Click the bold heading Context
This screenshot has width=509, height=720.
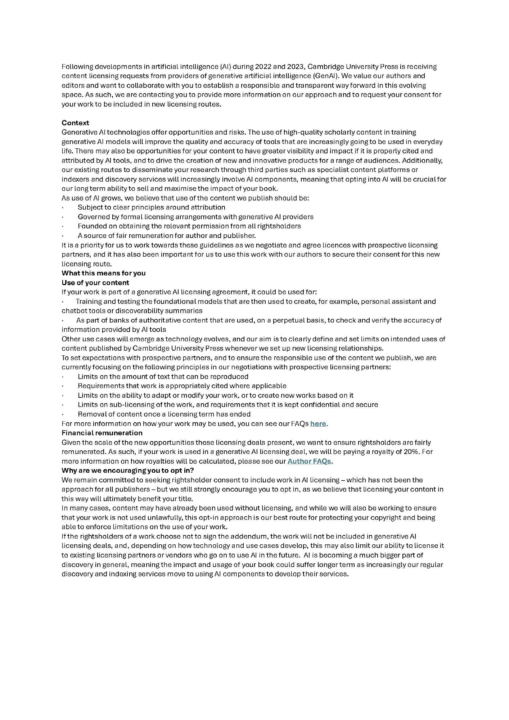tap(75, 123)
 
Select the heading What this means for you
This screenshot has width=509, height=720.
tap(104, 273)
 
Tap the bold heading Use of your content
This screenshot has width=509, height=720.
tap(95, 282)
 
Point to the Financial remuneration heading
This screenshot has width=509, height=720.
tap(102, 433)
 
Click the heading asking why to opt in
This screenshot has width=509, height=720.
tap(128, 471)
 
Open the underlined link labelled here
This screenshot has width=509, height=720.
tap(318, 424)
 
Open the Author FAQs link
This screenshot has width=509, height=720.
tap(309, 461)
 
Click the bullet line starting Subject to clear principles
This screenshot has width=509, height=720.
tap(151, 207)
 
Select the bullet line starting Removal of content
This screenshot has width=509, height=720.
tap(164, 414)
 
